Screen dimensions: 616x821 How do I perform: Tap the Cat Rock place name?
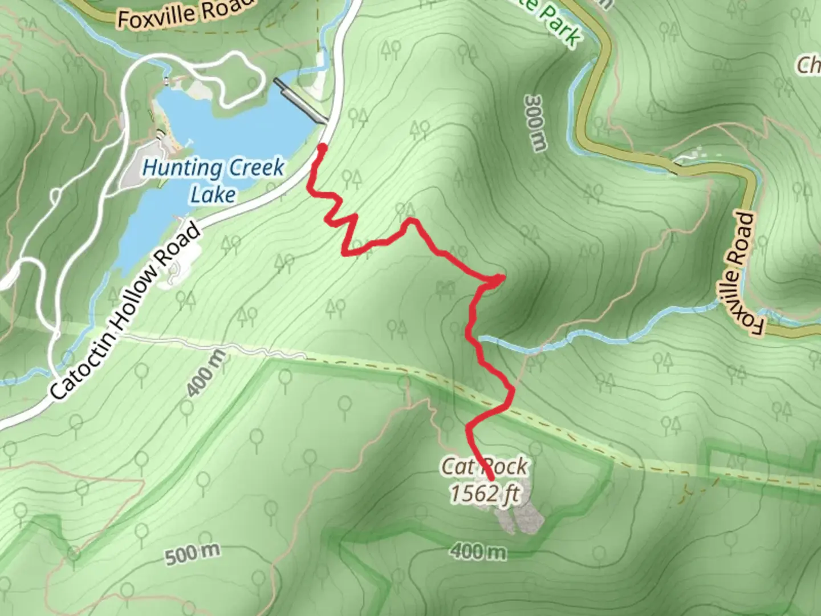click(485, 467)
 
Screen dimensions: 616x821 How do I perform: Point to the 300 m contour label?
click(534, 123)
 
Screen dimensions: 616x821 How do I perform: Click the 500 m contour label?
click(192, 554)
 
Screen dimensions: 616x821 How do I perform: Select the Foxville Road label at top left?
click(185, 11)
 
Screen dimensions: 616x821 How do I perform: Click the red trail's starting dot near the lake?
click(322, 148)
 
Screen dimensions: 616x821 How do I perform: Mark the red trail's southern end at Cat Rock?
click(491, 478)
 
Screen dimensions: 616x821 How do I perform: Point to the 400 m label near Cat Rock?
click(478, 552)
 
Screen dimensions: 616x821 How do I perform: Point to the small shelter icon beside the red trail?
click(444, 289)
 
